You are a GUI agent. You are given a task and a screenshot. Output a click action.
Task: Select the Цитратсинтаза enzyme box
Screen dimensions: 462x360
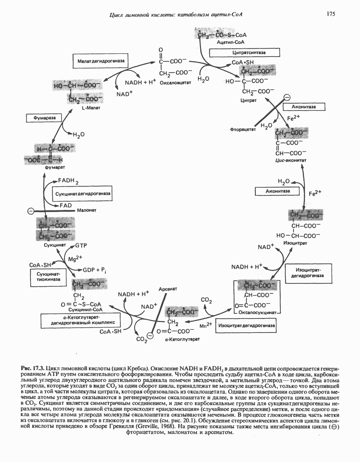pyautogui.click(x=244, y=52)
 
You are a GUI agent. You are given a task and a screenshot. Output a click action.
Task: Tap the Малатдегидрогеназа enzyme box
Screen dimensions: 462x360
pyautogui.click(x=101, y=61)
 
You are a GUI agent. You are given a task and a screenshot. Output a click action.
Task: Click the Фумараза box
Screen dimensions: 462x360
pyautogui.click(x=44, y=117)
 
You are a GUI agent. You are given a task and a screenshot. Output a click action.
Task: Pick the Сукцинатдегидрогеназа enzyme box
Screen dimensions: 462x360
pyautogui.click(x=83, y=194)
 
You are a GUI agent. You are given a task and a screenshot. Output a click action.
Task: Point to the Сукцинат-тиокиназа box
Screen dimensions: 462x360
pyautogui.click(x=48, y=277)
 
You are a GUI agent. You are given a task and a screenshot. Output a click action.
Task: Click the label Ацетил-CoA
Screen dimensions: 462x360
pyautogui.click(x=230, y=42)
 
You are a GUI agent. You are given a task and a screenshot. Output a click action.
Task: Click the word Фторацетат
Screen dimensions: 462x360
pyautogui.click(x=243, y=129)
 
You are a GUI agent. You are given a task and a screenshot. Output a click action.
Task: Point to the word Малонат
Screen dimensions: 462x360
pyautogui.click(x=86, y=210)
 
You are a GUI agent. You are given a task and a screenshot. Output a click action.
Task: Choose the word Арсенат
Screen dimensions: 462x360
pyautogui.click(x=167, y=289)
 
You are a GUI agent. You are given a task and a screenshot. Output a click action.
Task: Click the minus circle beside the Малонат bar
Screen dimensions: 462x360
pyautogui.click(x=31, y=211)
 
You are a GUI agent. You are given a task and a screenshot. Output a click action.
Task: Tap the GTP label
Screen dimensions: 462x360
pyautogui.click(x=81, y=245)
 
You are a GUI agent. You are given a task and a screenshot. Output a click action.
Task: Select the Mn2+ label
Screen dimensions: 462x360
pyautogui.click(x=206, y=326)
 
